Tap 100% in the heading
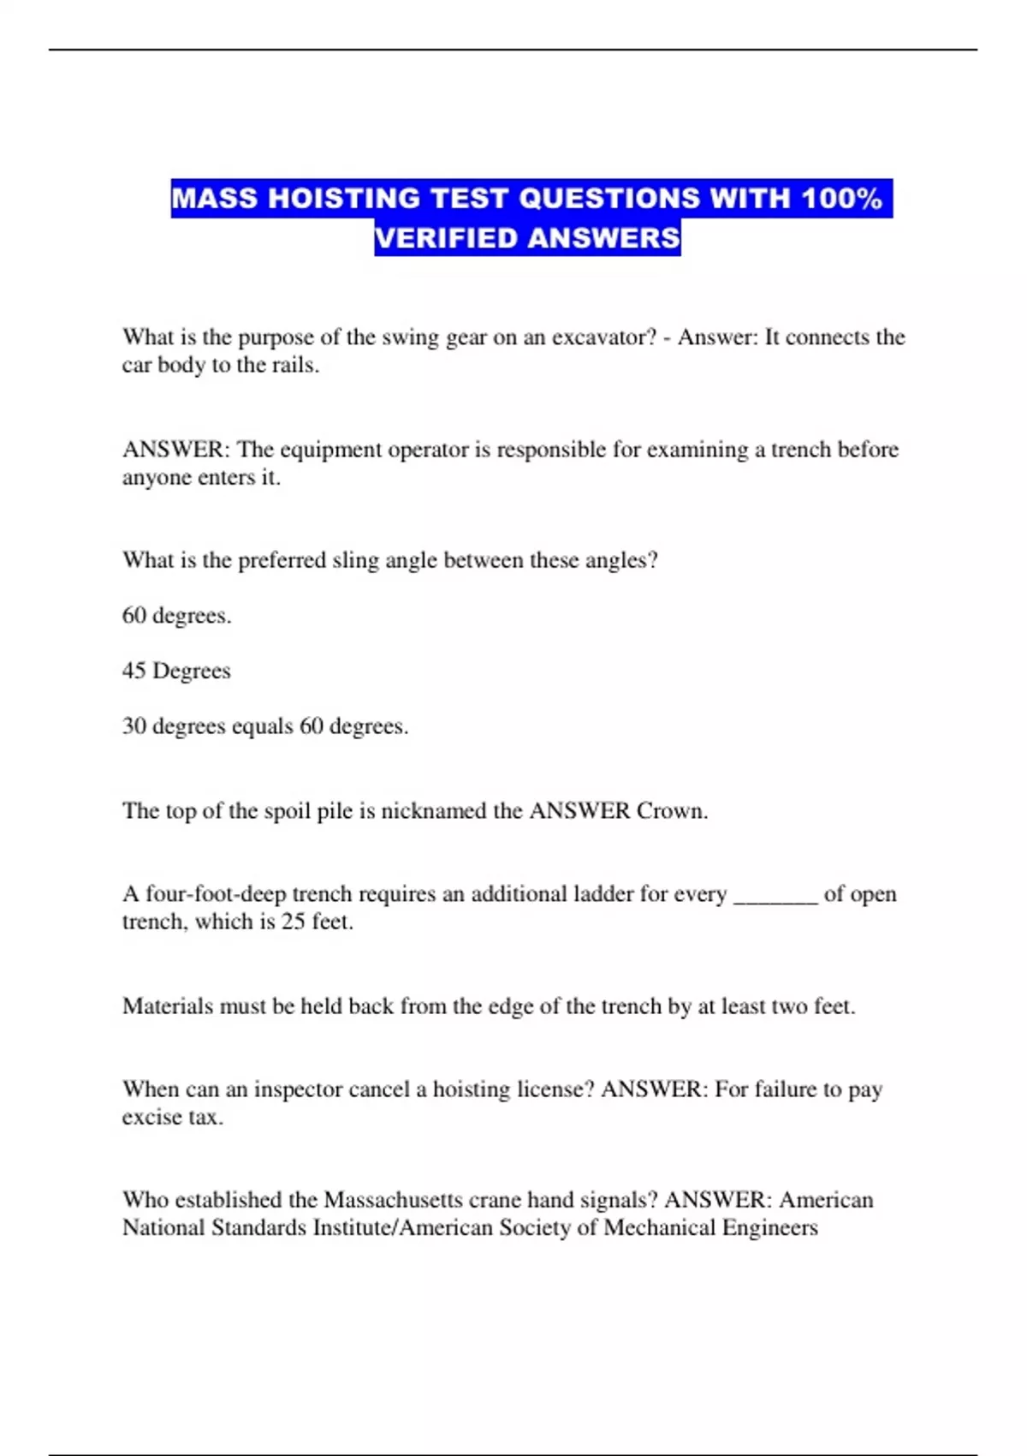[x=841, y=199]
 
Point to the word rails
[x=296, y=366]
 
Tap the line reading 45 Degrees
[x=176, y=671]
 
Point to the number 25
[x=293, y=922]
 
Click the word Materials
[x=168, y=1006]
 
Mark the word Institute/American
[x=403, y=1228]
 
